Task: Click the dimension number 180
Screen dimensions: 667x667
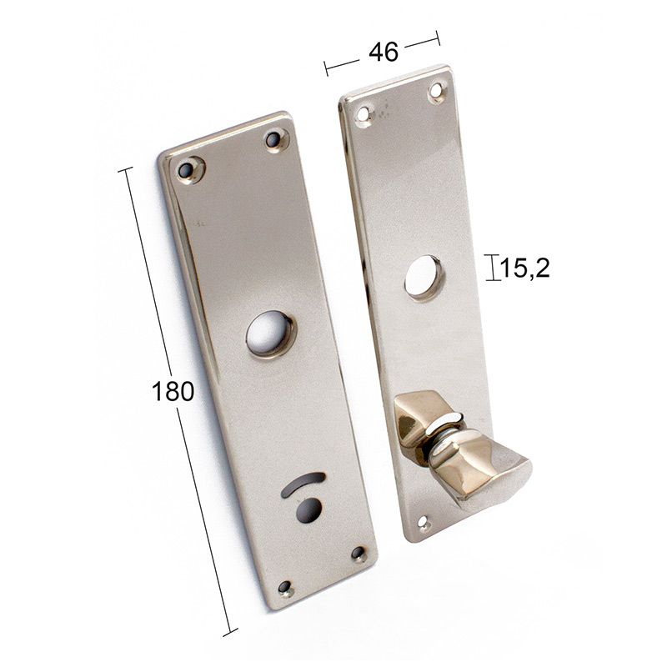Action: point(173,391)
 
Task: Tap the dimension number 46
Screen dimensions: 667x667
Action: point(384,52)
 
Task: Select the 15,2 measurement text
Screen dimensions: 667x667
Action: point(524,268)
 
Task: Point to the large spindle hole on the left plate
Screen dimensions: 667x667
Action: point(270,333)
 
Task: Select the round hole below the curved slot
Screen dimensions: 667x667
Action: point(309,509)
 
